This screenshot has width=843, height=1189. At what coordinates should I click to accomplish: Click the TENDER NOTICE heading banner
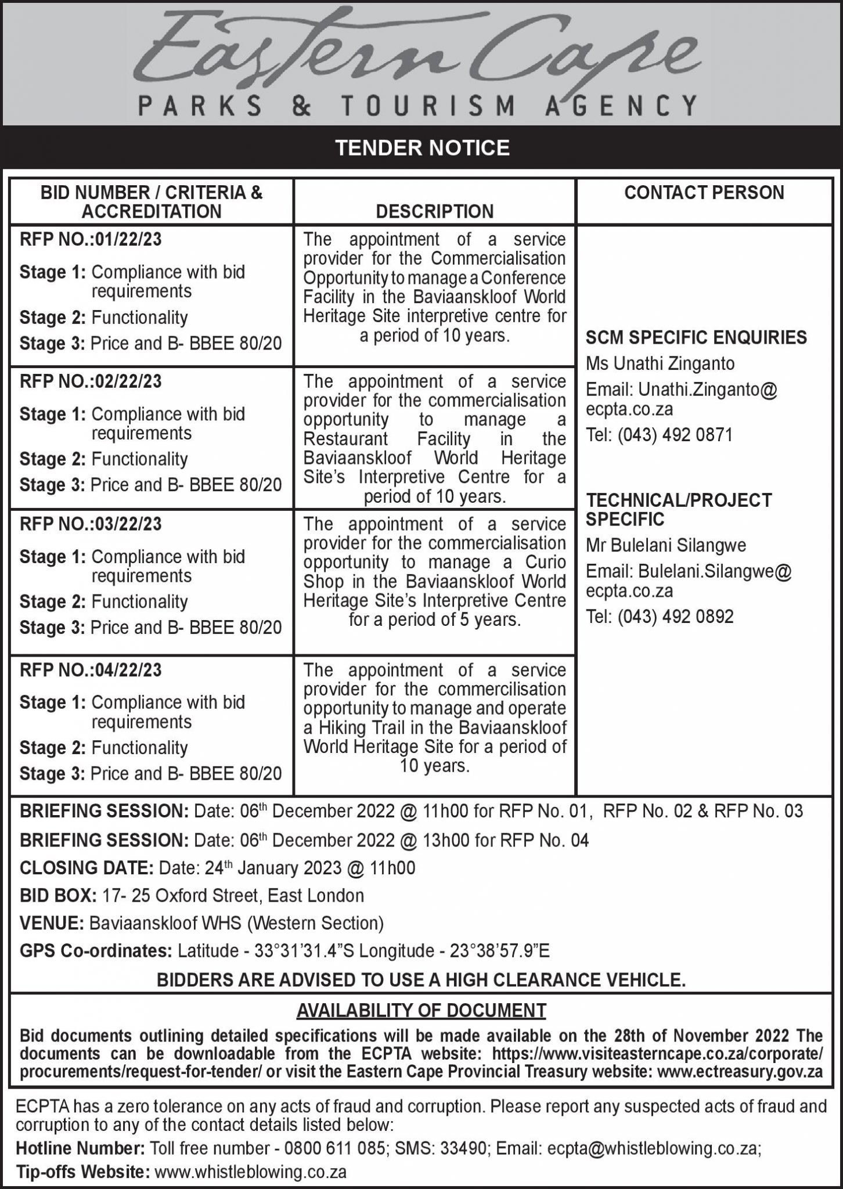[x=422, y=148]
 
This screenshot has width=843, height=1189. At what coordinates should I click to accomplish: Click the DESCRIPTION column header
[x=434, y=211]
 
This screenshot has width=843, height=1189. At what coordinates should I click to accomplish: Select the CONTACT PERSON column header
[x=704, y=193]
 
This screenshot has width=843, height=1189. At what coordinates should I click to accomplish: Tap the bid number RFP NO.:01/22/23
[x=91, y=240]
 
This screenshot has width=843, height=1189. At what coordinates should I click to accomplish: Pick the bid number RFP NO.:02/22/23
[x=91, y=382]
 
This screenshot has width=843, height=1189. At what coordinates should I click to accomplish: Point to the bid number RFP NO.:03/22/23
[x=91, y=524]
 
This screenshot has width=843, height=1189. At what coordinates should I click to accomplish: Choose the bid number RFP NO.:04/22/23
[x=91, y=670]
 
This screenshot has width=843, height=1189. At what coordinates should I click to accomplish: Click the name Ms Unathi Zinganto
[x=660, y=364]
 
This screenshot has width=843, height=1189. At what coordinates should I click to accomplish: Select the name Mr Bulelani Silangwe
[x=666, y=546]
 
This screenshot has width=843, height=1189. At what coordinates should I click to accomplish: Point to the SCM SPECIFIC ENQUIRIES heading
[x=696, y=337]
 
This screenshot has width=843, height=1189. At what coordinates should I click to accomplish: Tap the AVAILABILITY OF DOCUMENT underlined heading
[x=421, y=1011]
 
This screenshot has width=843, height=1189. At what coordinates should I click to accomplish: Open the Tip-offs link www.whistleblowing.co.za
[x=251, y=1172]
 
